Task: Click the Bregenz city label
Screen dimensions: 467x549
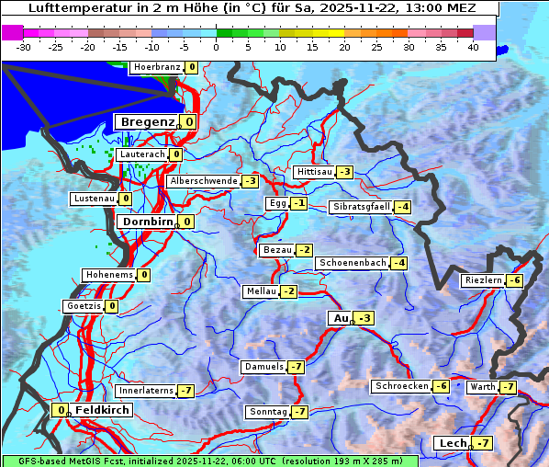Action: (146, 121)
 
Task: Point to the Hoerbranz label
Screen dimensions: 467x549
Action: (155, 67)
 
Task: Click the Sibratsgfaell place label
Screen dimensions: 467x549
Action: (362, 207)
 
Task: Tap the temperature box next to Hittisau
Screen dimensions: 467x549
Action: (345, 172)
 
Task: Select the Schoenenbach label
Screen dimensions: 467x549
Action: (353, 263)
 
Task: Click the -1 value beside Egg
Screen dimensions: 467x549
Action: (299, 203)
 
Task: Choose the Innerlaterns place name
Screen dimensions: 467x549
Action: (147, 391)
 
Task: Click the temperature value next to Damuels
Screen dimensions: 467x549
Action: (296, 367)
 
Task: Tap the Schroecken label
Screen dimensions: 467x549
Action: (401, 386)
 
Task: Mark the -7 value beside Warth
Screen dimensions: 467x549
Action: (508, 387)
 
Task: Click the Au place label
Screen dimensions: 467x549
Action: (340, 318)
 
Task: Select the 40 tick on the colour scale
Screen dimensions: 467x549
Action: (473, 47)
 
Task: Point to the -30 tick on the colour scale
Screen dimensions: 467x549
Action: (24, 47)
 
